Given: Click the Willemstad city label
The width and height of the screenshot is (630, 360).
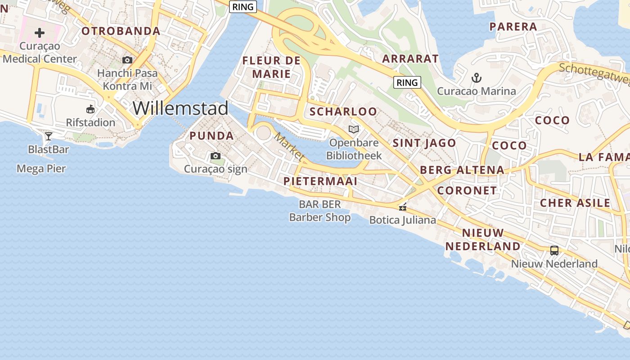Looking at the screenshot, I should tap(180, 108).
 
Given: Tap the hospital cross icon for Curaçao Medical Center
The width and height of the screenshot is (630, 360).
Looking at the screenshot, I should tap(40, 32).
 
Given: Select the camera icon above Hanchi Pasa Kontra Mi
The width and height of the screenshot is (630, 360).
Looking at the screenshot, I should tap(127, 60).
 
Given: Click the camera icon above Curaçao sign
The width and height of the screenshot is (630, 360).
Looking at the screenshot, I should tap(216, 156).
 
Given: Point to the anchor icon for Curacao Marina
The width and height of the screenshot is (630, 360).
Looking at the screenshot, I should tap(477, 78).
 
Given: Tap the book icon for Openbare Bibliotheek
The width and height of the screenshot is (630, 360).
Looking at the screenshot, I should tap(354, 130).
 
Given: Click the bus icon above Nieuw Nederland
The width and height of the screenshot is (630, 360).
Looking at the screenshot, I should tap(554, 250).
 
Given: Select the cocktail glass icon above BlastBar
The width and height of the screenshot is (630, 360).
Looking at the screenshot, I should tap(48, 136).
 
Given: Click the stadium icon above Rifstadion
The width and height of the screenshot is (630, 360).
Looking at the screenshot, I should tap(90, 109).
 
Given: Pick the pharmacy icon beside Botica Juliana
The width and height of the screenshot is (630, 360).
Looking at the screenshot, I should tap(403, 207).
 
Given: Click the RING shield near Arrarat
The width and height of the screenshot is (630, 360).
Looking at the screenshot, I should tap(407, 82).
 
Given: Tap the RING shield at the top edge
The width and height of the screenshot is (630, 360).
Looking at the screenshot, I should tap(243, 7).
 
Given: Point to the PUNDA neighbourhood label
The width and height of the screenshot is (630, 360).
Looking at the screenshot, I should tap(211, 135).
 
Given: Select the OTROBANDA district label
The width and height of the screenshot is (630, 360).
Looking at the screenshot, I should tap(121, 31).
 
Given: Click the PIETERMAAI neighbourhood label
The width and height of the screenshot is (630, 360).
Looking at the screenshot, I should tap(320, 181).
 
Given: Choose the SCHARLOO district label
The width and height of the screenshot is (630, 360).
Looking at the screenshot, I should tap(343, 111).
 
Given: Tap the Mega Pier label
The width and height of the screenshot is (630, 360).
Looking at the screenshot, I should tap(41, 169).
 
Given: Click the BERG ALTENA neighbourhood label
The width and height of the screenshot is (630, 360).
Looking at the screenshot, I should tap(462, 170).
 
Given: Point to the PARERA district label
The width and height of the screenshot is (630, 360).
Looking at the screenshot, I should tap(513, 27).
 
